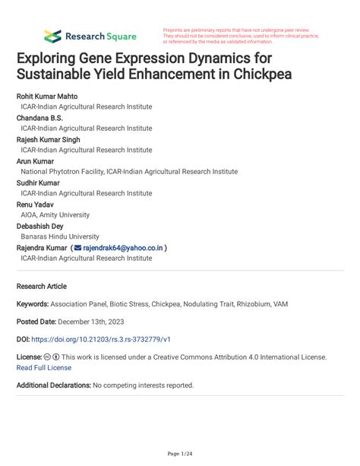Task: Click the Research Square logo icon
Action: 52,36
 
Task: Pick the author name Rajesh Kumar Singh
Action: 50,140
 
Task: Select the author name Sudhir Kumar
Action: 40,183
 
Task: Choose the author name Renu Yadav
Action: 37,204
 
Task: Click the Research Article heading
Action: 42,287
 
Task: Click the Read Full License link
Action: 44,366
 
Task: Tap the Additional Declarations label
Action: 53,385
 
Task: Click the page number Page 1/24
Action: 179,454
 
